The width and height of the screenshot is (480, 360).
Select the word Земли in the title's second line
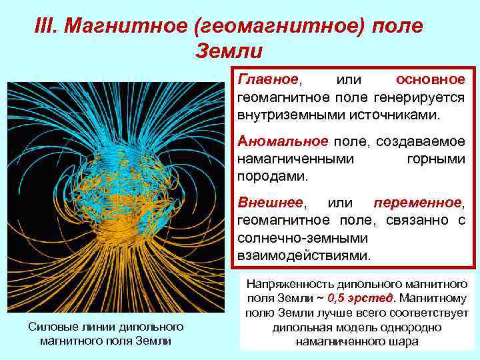(x=229, y=51)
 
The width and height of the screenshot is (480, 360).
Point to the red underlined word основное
(x=430, y=79)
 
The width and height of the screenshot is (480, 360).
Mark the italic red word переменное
(x=417, y=203)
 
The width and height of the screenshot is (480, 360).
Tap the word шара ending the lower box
(x=403, y=341)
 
